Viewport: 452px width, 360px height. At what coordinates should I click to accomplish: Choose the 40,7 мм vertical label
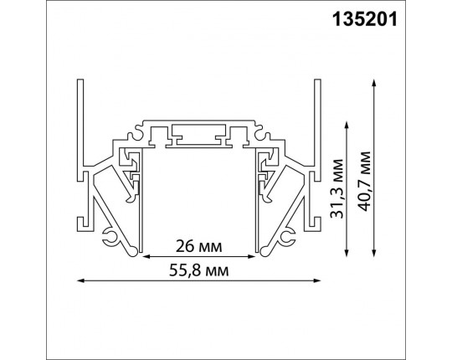pyautogui.click(x=364, y=167)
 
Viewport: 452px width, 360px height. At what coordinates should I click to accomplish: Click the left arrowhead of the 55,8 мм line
pyautogui.click(x=80, y=280)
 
